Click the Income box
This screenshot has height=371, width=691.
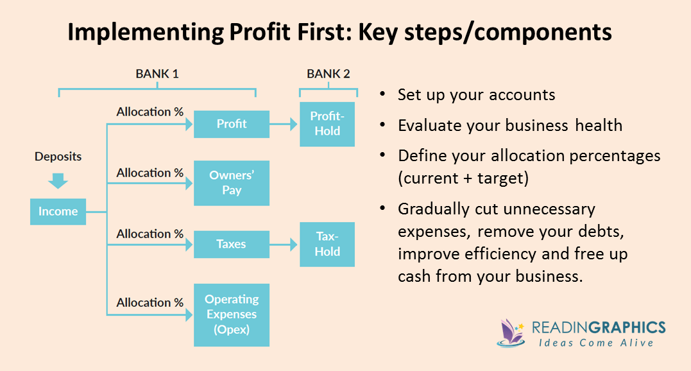click(x=58, y=211)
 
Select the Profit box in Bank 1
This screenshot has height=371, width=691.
click(x=232, y=124)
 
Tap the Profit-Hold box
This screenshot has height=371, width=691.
click(x=327, y=124)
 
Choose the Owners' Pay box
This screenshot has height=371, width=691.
click(x=232, y=183)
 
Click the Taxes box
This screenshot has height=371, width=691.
click(x=232, y=244)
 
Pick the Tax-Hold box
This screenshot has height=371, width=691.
click(x=327, y=245)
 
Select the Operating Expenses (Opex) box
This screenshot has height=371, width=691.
click(x=232, y=315)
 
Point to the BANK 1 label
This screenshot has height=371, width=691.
click(x=157, y=74)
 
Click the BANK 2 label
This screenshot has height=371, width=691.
click(x=328, y=74)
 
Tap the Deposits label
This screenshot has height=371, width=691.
click(x=58, y=157)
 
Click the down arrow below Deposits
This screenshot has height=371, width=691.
click(x=58, y=180)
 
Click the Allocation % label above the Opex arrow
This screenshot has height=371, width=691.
click(x=149, y=302)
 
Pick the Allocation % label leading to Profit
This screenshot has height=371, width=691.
click(x=149, y=112)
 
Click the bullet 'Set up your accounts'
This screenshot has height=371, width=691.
click(x=476, y=95)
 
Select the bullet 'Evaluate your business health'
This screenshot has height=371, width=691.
click(x=509, y=125)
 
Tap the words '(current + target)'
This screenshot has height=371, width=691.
click(x=463, y=178)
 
